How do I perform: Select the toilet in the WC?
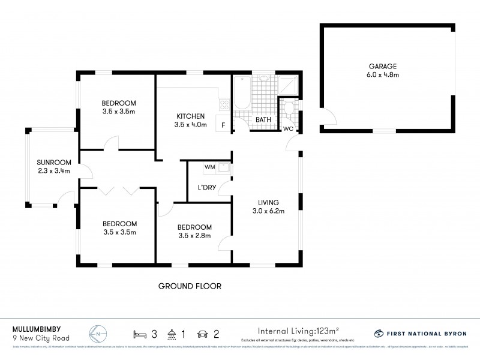(x=289, y=109)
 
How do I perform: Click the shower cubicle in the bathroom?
(x=289, y=85)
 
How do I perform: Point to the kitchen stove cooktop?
(x=224, y=105)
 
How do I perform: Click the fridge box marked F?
(x=223, y=125)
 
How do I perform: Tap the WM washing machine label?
(x=209, y=167)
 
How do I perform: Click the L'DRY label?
(x=206, y=188)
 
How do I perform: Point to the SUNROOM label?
(x=54, y=162)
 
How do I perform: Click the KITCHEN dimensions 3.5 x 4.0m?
(x=191, y=125)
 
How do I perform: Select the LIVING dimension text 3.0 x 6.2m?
(x=267, y=211)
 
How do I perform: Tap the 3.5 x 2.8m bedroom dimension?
(x=194, y=236)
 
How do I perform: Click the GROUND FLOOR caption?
(x=190, y=286)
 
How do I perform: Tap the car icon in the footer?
(x=202, y=332)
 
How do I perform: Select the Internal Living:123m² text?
(x=298, y=331)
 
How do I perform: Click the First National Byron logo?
(x=420, y=333)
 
